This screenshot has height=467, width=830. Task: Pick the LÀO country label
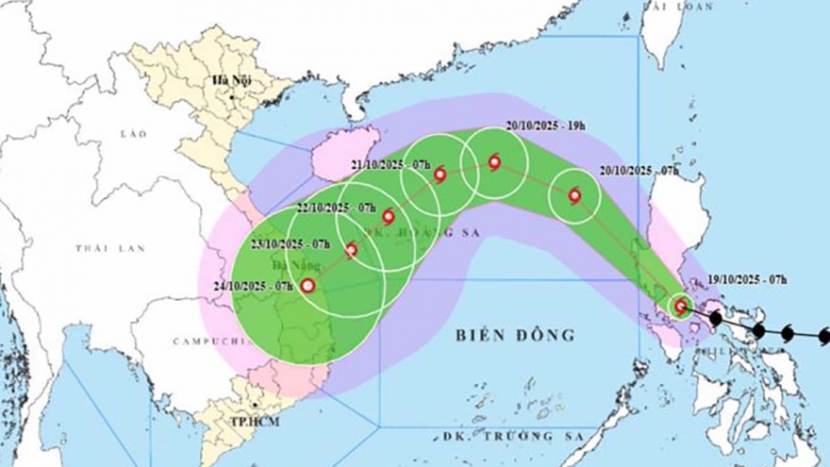(x=136, y=134)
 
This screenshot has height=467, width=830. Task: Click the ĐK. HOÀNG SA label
(x=408, y=232)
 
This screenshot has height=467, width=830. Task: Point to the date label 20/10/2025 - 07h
(x=639, y=171)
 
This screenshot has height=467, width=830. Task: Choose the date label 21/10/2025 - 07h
(x=390, y=165)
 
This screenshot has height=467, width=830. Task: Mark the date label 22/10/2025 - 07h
(x=337, y=208)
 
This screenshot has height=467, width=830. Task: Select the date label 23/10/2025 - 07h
(x=289, y=243)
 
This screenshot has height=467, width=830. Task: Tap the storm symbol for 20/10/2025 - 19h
(x=494, y=163)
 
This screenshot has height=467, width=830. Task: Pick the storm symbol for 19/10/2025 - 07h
(x=681, y=306)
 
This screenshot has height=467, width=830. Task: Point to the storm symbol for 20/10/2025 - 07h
(x=573, y=196)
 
